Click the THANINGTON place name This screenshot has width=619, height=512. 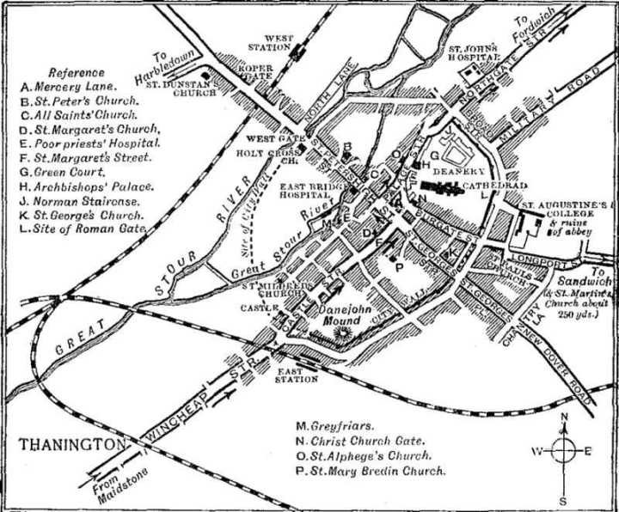click(x=68, y=445)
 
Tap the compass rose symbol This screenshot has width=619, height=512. click(x=563, y=450)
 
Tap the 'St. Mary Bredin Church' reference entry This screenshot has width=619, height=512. click(x=371, y=472)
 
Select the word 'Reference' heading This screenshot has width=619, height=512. click(x=77, y=72)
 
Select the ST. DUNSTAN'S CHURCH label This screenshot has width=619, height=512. click(x=189, y=88)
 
